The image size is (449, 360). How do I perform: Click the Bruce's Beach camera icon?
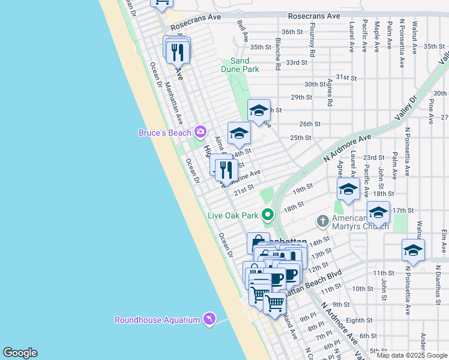tap(200, 132)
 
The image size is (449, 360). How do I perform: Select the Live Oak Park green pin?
tap(269, 214)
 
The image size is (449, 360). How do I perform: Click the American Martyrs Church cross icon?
tap(322, 221)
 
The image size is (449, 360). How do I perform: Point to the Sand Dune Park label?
tap(241, 65)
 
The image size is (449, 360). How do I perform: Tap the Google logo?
tap(20, 353)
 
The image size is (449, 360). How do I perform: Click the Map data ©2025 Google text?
tap(412, 355)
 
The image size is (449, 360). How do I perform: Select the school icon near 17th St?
tap(378, 213)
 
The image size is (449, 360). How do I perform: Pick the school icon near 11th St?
tap(413, 250)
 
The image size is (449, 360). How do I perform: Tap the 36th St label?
tap(292, 32)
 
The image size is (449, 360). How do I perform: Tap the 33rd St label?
tap(297, 62)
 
